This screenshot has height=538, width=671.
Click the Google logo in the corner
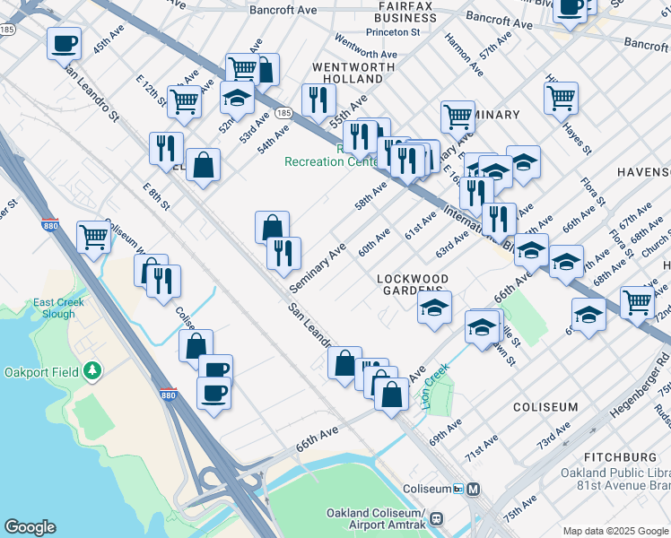click(30, 527)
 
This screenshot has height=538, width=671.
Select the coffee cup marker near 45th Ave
click(65, 43)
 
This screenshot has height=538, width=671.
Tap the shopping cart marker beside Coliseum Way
click(93, 238)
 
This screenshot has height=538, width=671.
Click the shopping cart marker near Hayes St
click(561, 97)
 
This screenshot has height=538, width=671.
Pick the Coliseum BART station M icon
click(473, 490)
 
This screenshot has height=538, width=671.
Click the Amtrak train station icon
click(437, 518)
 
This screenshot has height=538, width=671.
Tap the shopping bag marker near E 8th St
click(204, 165)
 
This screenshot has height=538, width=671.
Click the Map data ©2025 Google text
click(614, 531)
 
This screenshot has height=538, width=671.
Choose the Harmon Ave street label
click(458, 50)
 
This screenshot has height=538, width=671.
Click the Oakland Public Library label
click(615, 473)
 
